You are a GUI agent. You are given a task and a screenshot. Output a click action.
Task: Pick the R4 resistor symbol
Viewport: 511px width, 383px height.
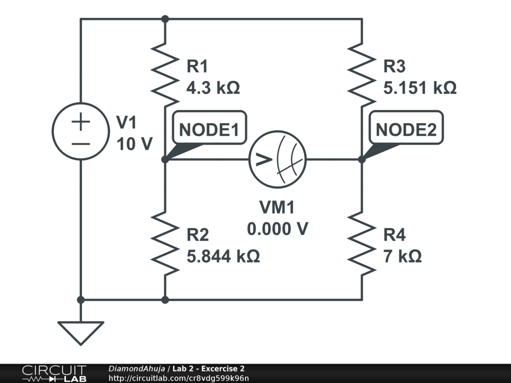click(361, 242)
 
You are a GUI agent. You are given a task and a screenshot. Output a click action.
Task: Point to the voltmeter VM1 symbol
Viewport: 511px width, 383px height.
click(278, 160)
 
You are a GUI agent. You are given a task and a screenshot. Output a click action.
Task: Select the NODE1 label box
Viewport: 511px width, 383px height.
click(209, 130)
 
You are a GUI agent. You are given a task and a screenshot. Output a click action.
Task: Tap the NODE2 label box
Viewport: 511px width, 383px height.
click(406, 130)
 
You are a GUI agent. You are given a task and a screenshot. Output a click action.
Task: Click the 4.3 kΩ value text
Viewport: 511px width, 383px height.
click(213, 88)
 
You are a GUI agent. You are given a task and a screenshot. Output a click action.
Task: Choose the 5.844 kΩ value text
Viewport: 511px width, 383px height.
click(223, 257)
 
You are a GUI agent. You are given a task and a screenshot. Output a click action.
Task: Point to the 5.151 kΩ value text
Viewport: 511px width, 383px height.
click(420, 88)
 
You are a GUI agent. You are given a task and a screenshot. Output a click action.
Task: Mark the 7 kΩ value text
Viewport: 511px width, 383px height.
click(402, 257)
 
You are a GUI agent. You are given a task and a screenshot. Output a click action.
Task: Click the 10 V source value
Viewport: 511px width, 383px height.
click(134, 144)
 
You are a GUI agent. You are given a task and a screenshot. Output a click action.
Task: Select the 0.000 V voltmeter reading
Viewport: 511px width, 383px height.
click(277, 229)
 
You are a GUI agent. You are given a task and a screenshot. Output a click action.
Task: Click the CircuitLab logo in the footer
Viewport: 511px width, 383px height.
click(53, 374)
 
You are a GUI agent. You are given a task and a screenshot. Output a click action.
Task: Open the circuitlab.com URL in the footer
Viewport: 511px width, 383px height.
click(178, 378)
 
